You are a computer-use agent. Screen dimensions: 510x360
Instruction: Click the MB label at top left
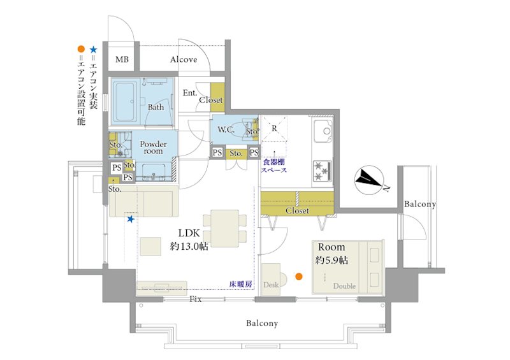pyautogui.click(x=122, y=59)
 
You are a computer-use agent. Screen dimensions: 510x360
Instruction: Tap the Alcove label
pyautogui.click(x=184, y=59)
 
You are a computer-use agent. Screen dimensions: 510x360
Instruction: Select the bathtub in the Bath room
pyautogui.click(x=125, y=101)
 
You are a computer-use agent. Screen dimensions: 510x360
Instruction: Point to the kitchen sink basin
pyautogui.click(x=323, y=131)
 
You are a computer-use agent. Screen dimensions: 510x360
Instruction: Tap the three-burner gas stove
pyautogui.click(x=323, y=171)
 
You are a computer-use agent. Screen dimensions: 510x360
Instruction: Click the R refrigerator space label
pyautogui.click(x=274, y=129)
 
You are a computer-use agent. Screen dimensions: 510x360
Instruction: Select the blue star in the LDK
pyautogui.click(x=131, y=219)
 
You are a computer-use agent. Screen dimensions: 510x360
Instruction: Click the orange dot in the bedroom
pyautogui.click(x=299, y=277)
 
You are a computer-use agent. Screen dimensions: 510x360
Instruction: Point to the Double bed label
pyautogui.click(x=344, y=286)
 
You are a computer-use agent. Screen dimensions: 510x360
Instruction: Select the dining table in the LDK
pyautogui.click(x=225, y=229)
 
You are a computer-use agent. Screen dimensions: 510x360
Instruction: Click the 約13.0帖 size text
pyautogui.click(x=189, y=247)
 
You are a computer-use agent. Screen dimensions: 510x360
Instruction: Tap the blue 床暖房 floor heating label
pyautogui.click(x=241, y=284)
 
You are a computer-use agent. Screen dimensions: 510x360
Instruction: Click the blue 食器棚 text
pyautogui.click(x=273, y=162)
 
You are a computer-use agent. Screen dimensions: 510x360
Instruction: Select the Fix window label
pyautogui.click(x=196, y=299)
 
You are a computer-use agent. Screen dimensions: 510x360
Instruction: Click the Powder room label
pyautogui.click(x=153, y=147)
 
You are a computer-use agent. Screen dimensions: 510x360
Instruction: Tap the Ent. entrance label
pyautogui.click(x=190, y=92)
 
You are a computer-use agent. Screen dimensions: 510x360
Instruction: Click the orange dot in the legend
pyautogui.click(x=81, y=50)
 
